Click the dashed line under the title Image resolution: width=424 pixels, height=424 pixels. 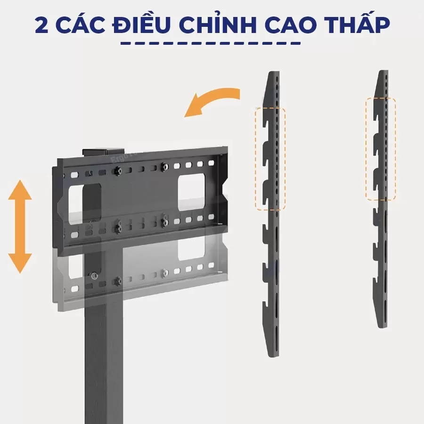211,44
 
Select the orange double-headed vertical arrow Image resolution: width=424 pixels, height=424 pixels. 20,227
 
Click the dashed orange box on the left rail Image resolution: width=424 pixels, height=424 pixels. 270,158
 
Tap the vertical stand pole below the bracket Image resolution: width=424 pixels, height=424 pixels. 104,358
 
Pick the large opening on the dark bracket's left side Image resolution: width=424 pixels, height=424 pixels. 85,196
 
